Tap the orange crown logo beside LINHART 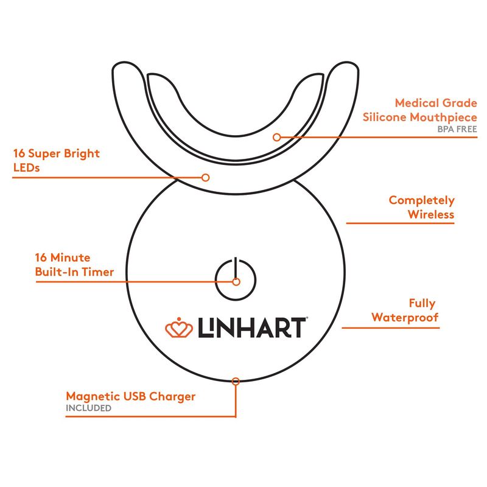(x=178, y=328)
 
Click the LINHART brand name (x=252, y=328)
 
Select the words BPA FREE (x=457, y=129)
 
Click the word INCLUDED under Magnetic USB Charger (x=88, y=408)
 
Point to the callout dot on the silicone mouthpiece (x=277, y=137)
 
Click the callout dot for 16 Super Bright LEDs (x=205, y=178)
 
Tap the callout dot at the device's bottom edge (x=236, y=381)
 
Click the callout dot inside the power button (x=236, y=282)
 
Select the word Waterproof (x=405, y=318)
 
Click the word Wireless (x=431, y=214)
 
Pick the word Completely (x=421, y=201)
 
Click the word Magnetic (x=93, y=396)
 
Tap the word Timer (x=98, y=272)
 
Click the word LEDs (x=26, y=168)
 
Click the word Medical (x=417, y=103)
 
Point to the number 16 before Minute (x=41, y=258)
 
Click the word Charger (x=172, y=397)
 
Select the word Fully (x=422, y=304)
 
